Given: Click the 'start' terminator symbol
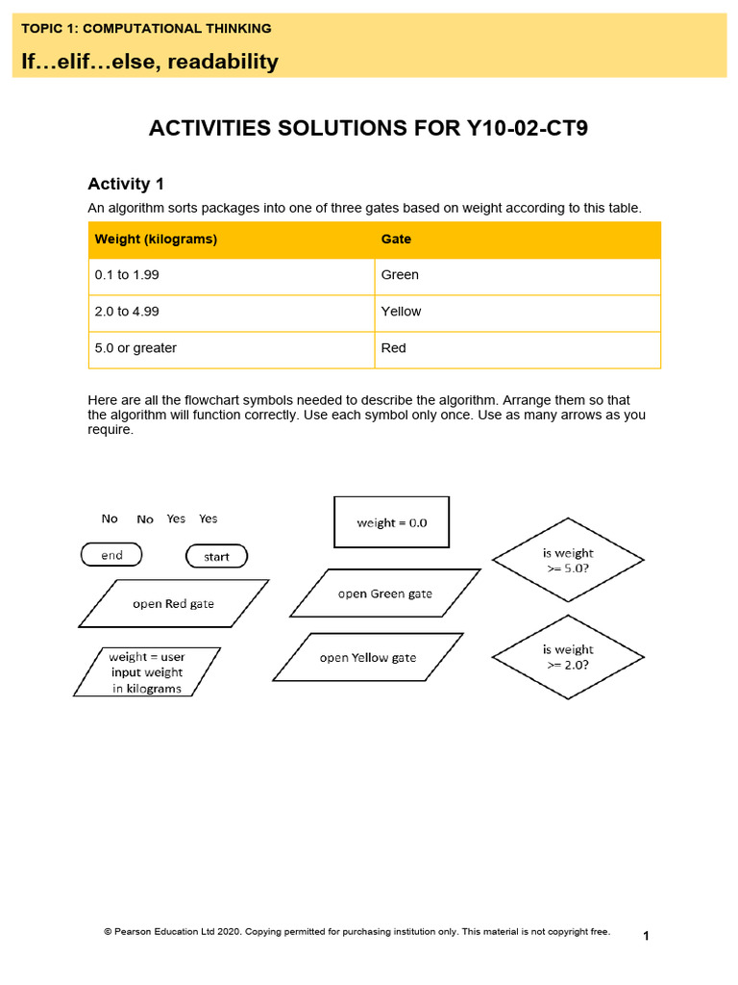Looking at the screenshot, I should click(216, 556).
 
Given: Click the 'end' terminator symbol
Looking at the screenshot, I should click(111, 555).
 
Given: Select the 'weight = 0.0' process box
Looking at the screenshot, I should click(391, 522).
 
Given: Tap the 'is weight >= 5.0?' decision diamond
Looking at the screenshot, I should click(568, 560).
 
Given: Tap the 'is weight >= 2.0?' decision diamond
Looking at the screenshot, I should click(568, 657).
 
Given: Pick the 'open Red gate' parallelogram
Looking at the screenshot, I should click(173, 604).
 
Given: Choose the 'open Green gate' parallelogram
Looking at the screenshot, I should click(384, 594).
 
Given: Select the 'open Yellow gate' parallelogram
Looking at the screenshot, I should click(368, 658).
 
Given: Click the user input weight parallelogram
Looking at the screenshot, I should click(147, 671).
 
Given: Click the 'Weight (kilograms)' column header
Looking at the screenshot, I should click(156, 240).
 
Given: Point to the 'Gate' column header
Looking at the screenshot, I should click(396, 240).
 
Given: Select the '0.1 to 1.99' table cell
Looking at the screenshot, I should click(127, 275).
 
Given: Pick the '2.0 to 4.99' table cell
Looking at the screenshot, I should click(127, 312).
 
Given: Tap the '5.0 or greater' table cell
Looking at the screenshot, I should click(135, 348).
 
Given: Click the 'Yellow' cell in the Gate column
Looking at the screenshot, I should click(401, 312).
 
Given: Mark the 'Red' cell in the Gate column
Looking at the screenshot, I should click(393, 348).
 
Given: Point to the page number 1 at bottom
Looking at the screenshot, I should click(646, 936).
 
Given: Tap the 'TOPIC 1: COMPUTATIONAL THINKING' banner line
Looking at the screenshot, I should click(146, 29).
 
